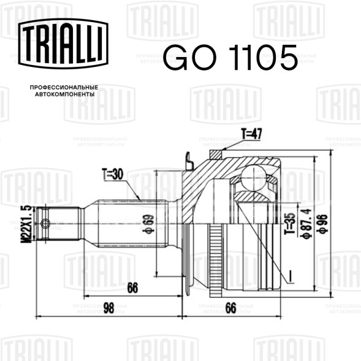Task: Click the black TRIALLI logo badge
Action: click(63, 44)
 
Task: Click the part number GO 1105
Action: click(230, 58)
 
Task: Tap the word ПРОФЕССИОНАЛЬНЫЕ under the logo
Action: click(64, 88)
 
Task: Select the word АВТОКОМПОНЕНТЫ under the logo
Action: click(65, 94)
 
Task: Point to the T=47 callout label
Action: click(251, 134)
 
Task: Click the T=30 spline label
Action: click(113, 174)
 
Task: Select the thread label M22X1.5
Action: click(28, 224)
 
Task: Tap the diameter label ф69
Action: click(148, 224)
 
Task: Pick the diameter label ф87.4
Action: click(306, 224)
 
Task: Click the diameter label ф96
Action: click(322, 224)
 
